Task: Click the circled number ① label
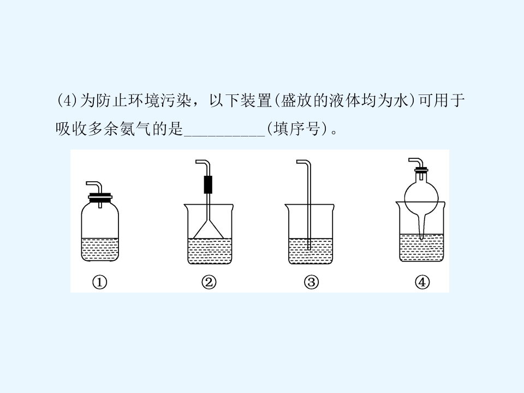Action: pyautogui.click(x=99, y=282)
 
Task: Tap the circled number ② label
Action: pyautogui.click(x=209, y=282)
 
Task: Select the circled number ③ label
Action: pyautogui.click(x=311, y=282)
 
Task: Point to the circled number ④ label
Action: pyautogui.click(x=422, y=282)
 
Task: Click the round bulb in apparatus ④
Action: pyautogui.click(x=421, y=198)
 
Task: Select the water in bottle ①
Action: pyautogui.click(x=100, y=249)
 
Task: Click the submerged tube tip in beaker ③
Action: pyautogui.click(x=309, y=248)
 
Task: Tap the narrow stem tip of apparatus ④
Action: pyautogui.click(x=421, y=237)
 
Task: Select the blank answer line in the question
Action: pyautogui.click(x=224, y=135)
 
